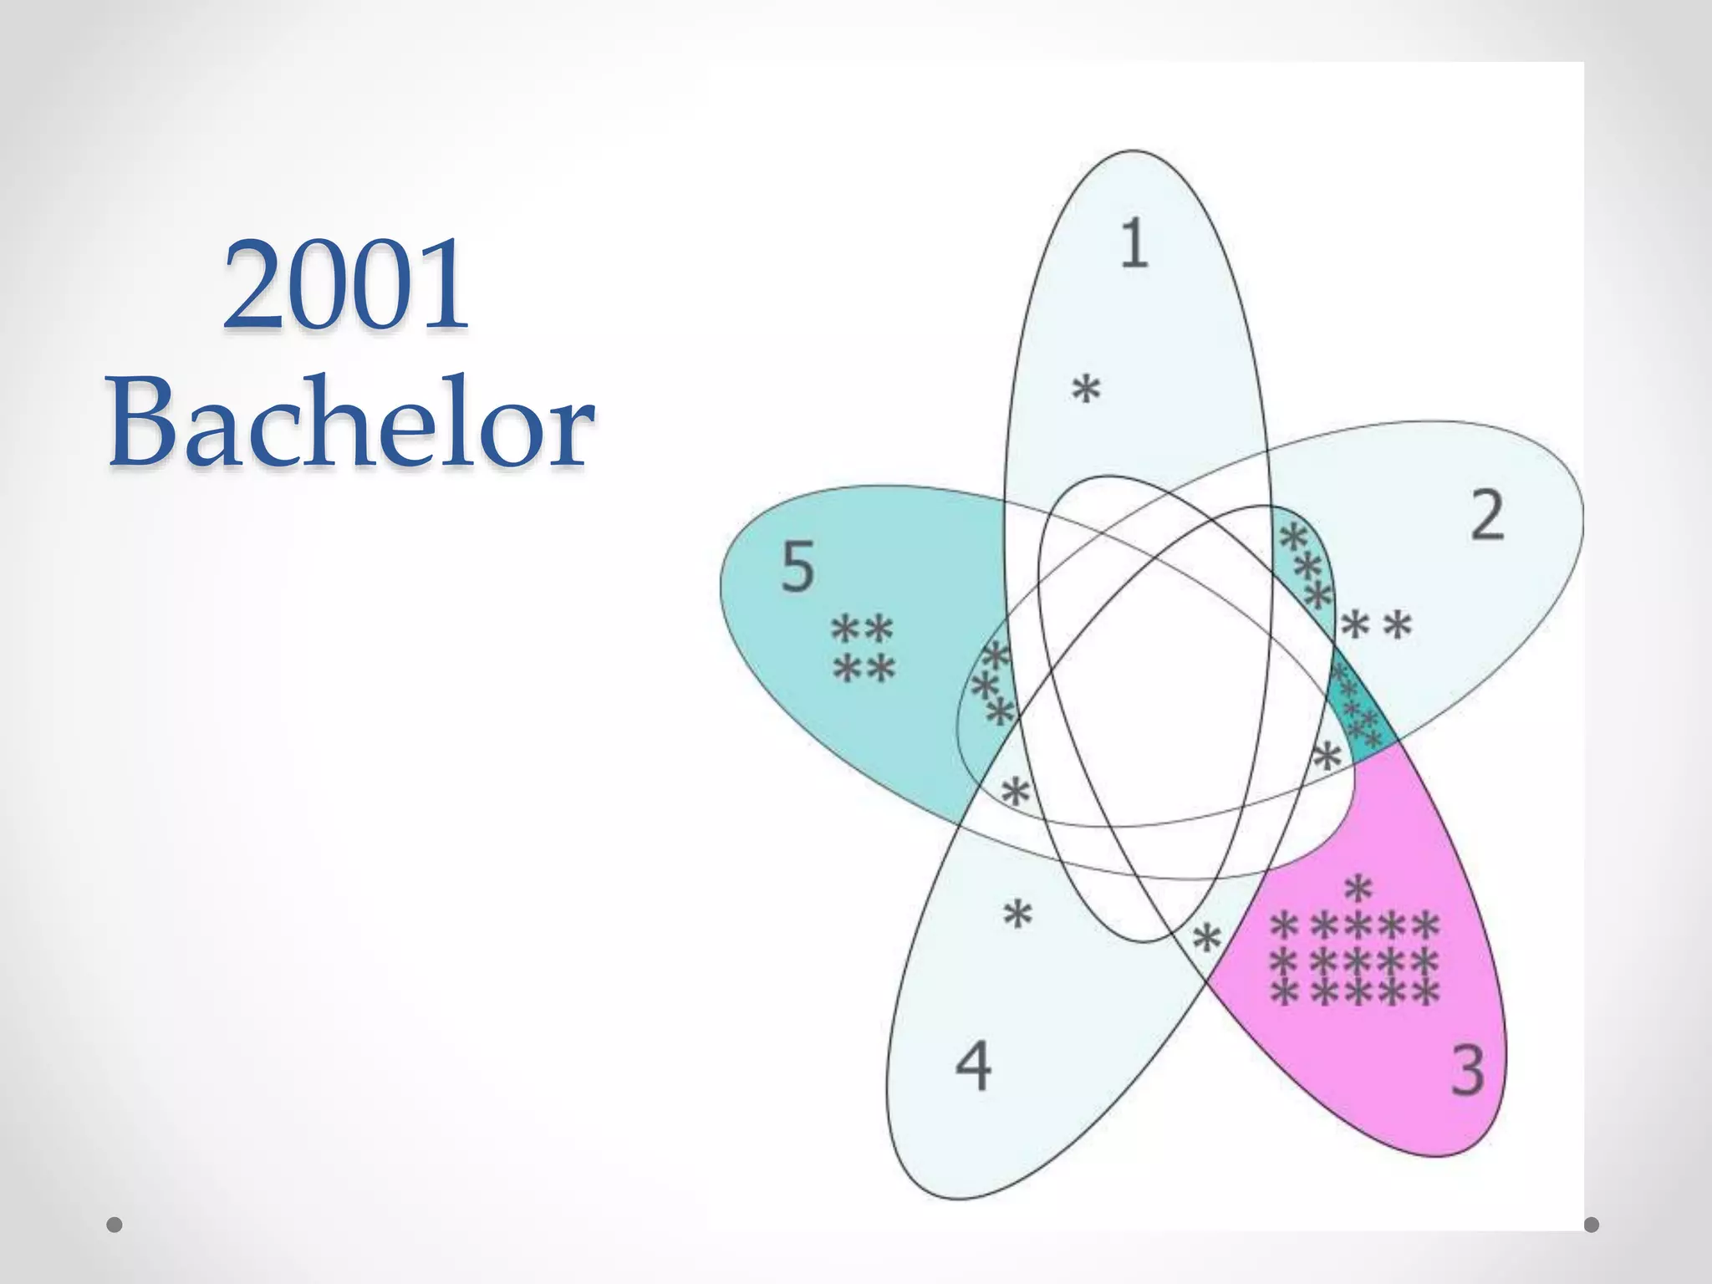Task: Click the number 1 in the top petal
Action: point(1134,243)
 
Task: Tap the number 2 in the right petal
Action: point(1487,516)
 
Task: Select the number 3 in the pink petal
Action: point(1468,1070)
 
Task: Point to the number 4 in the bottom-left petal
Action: point(973,1066)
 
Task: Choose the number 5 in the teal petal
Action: point(797,567)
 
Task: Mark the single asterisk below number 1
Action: point(1086,390)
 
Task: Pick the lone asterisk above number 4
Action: point(1017,915)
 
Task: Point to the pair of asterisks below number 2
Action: point(1377,625)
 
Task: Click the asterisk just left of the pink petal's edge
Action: point(1206,939)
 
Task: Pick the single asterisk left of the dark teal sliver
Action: point(1327,757)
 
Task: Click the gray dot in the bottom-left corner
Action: point(115,1225)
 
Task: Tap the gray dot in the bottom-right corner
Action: point(1592,1225)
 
